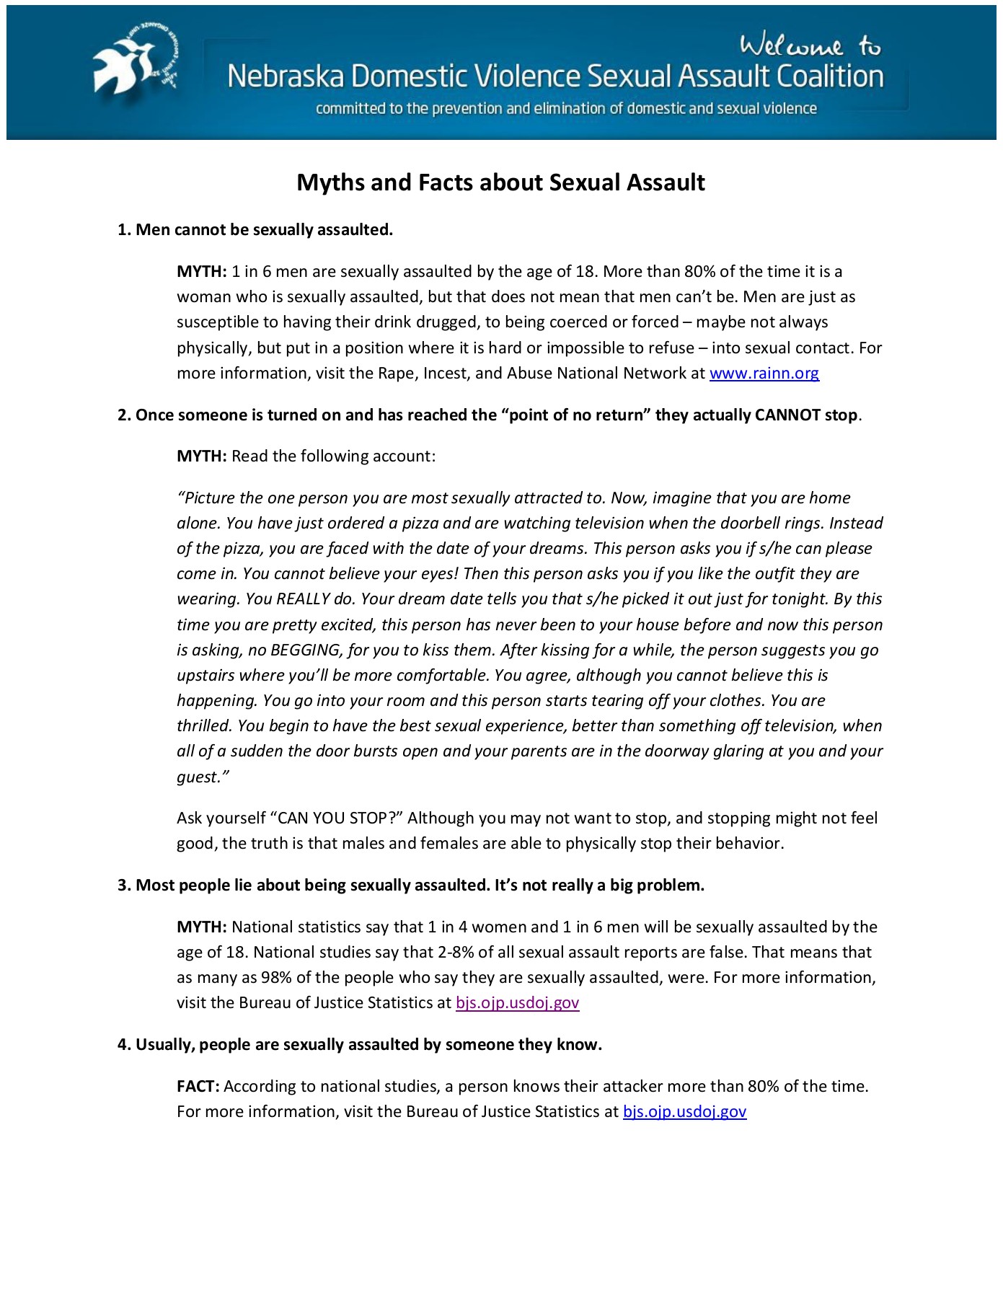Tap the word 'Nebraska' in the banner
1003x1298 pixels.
pyautogui.click(x=286, y=76)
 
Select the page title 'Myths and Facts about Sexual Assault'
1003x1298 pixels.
pyautogui.click(x=500, y=182)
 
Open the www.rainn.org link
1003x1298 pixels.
pyautogui.click(x=764, y=373)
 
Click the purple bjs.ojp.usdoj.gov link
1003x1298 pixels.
pyautogui.click(x=517, y=1002)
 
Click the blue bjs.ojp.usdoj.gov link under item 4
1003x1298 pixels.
pyautogui.click(x=684, y=1111)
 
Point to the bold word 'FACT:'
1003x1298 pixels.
pyautogui.click(x=198, y=1086)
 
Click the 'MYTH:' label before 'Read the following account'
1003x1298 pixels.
pyautogui.click(x=202, y=456)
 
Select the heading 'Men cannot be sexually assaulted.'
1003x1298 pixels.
pyautogui.click(x=264, y=229)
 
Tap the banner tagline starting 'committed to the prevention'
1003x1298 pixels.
pyautogui.click(x=566, y=109)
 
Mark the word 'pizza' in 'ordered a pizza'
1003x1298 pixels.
pyautogui.click(x=420, y=523)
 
